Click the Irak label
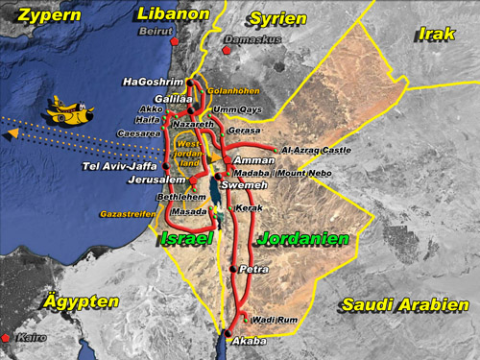pyautogui.click(x=436, y=35)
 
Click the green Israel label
pyautogui.click(x=188, y=237)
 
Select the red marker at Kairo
pyautogui.click(x=7, y=338)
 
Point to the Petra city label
pyautogui.click(x=253, y=270)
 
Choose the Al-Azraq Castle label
pyautogui.click(x=317, y=150)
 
